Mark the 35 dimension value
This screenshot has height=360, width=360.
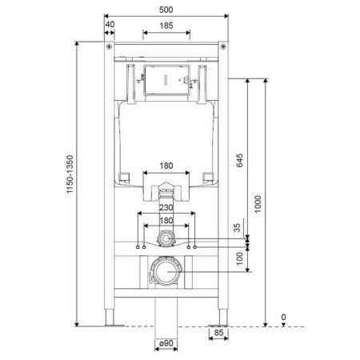point(237,229)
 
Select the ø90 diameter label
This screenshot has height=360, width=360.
point(166,344)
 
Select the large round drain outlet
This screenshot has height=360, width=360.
point(166,274)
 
